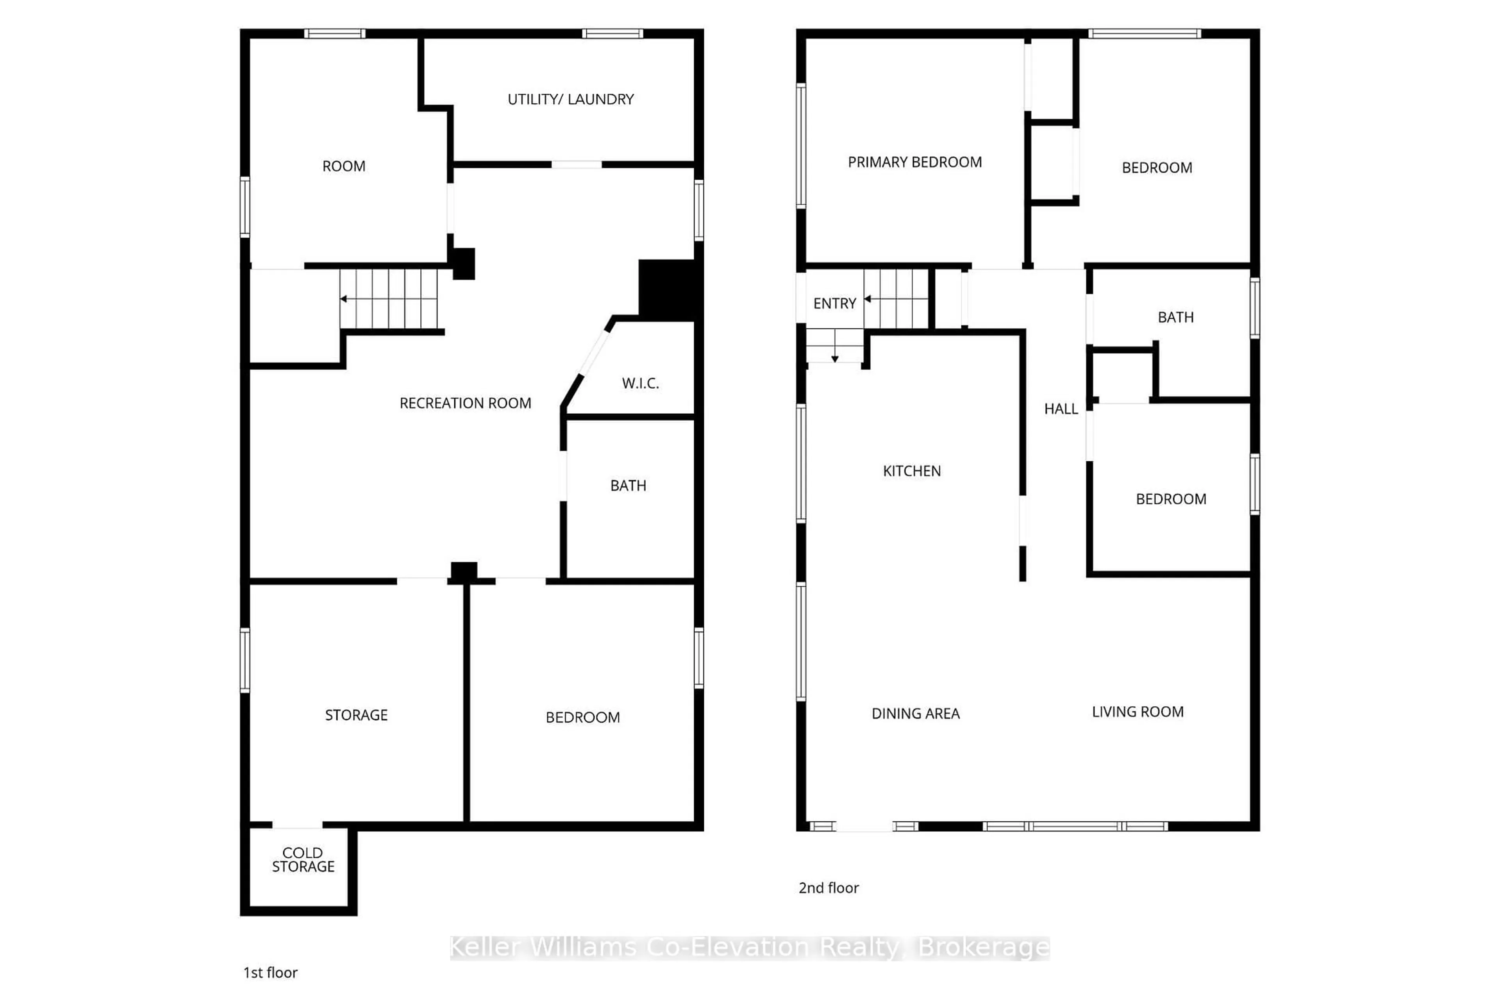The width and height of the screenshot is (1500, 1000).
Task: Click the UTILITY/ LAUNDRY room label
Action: click(x=570, y=100)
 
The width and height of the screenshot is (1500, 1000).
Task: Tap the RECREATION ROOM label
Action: click(x=465, y=403)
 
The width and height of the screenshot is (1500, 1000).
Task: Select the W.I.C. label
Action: click(x=640, y=383)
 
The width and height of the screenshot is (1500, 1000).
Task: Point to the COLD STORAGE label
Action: click(x=303, y=860)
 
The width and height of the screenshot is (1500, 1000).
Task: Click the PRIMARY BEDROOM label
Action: click(x=914, y=162)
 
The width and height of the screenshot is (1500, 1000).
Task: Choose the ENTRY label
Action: click(x=834, y=304)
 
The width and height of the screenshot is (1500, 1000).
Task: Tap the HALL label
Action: click(x=1061, y=409)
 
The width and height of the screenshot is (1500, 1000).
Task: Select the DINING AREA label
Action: click(x=915, y=714)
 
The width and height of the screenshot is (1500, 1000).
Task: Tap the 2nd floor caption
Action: click(x=829, y=888)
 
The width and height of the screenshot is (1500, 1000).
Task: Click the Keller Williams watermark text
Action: click(x=749, y=948)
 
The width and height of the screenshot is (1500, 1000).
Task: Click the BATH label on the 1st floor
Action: click(x=628, y=486)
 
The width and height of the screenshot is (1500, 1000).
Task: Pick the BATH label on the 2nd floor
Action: click(x=1175, y=318)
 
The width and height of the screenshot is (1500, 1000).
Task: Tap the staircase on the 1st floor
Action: click(x=389, y=298)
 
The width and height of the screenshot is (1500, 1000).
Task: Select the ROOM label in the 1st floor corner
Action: click(x=344, y=166)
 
